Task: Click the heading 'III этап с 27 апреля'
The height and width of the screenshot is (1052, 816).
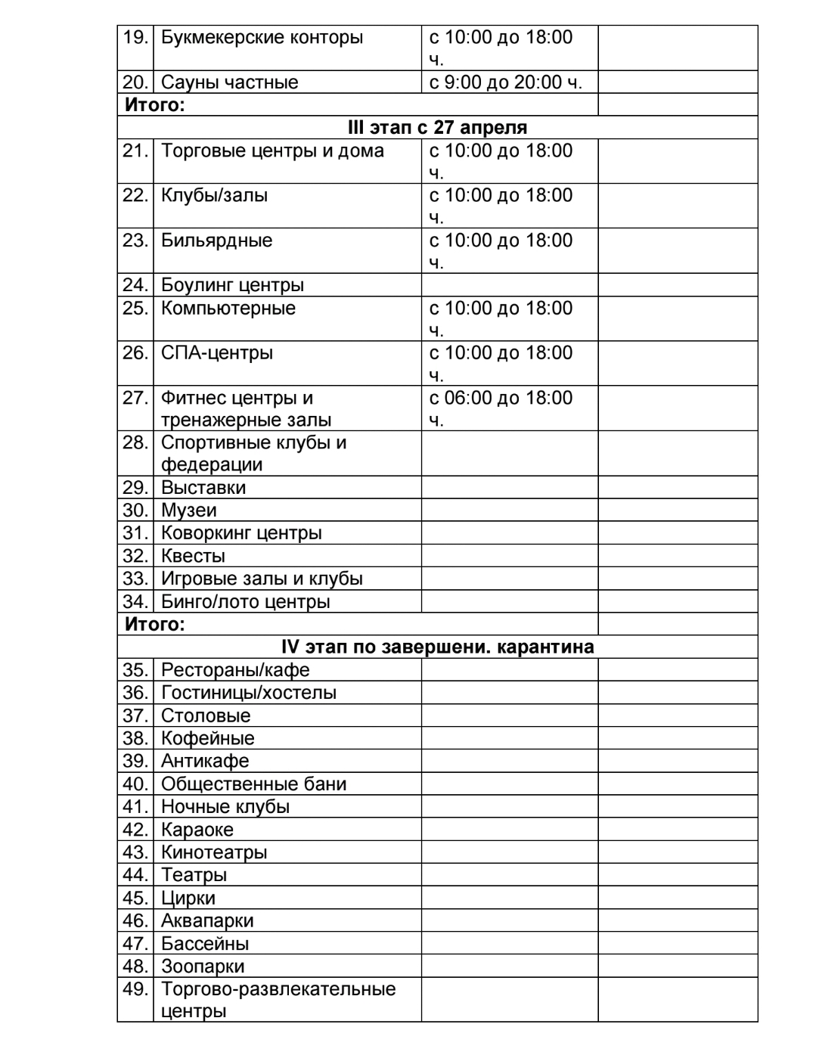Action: pyautogui.click(x=437, y=127)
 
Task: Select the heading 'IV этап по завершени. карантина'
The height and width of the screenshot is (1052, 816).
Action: pyautogui.click(x=437, y=647)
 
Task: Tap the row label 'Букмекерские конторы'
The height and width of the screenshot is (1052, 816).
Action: pyautogui.click(x=262, y=37)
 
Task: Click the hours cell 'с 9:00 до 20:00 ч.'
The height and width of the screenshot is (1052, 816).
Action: pyautogui.click(x=505, y=82)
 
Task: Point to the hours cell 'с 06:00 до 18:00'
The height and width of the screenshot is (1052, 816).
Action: pyautogui.click(x=501, y=398)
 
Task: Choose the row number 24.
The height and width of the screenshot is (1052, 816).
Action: pyautogui.click(x=135, y=285)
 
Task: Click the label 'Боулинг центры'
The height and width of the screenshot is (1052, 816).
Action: pyautogui.click(x=232, y=285)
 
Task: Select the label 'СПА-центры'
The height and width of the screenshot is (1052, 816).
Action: pyautogui.click(x=216, y=353)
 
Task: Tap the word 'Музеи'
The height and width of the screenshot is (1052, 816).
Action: pyautogui.click(x=188, y=510)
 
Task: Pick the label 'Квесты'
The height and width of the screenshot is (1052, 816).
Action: pyautogui.click(x=193, y=556)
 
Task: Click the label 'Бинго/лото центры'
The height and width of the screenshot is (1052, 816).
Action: pyautogui.click(x=245, y=602)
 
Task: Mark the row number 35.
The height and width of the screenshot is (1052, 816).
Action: pyautogui.click(x=135, y=670)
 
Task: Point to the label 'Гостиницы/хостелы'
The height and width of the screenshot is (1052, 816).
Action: pyautogui.click(x=248, y=693)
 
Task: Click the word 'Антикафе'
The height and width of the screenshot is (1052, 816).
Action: pyautogui.click(x=204, y=761)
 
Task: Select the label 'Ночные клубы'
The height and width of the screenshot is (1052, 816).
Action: pyautogui.click(x=225, y=806)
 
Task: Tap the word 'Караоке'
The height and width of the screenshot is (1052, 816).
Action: pyautogui.click(x=197, y=830)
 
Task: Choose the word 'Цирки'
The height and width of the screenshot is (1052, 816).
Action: pyautogui.click(x=188, y=898)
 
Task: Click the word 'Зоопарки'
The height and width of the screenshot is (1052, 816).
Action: pyautogui.click(x=202, y=966)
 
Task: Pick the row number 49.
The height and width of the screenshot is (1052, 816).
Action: pyautogui.click(x=135, y=989)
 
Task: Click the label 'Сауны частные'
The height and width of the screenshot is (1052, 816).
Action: pyautogui.click(x=229, y=82)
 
